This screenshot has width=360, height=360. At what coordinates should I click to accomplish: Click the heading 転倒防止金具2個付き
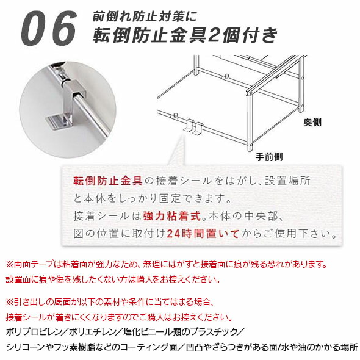185,35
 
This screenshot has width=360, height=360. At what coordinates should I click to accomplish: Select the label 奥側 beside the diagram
312,122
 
